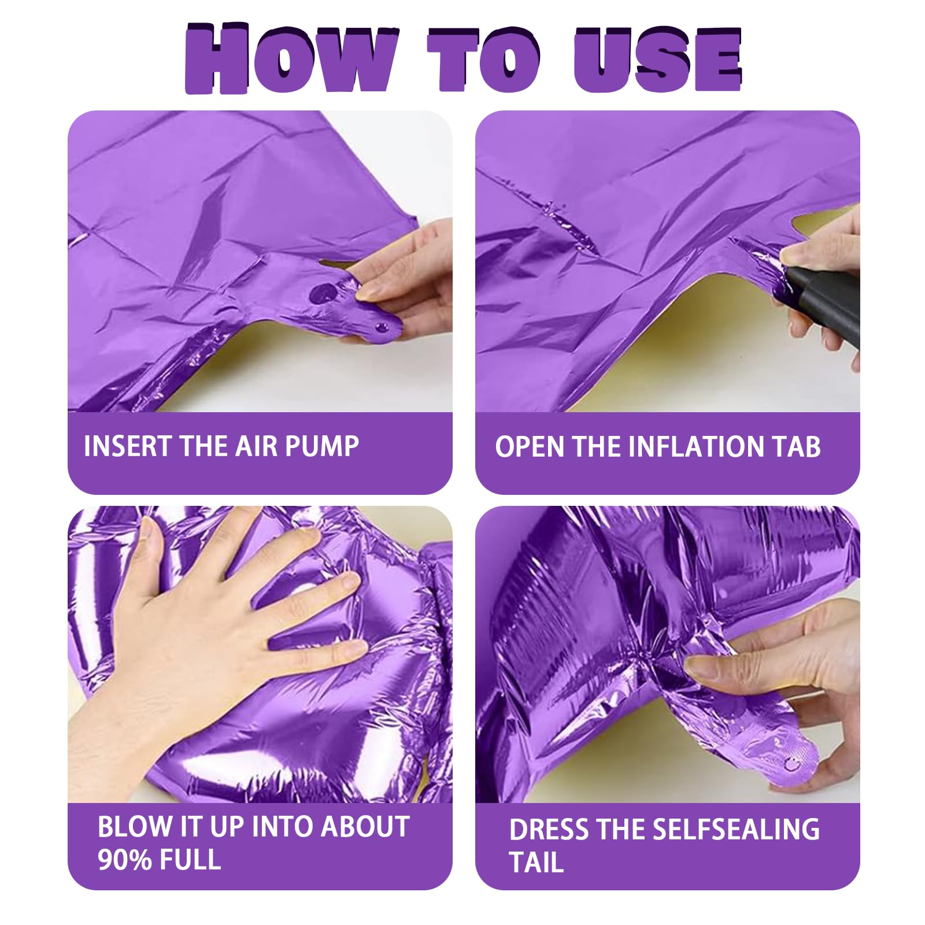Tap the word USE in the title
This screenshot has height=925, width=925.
click(x=657, y=59)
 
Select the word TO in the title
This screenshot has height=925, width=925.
click(x=484, y=59)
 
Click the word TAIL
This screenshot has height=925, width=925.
click(x=536, y=862)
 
